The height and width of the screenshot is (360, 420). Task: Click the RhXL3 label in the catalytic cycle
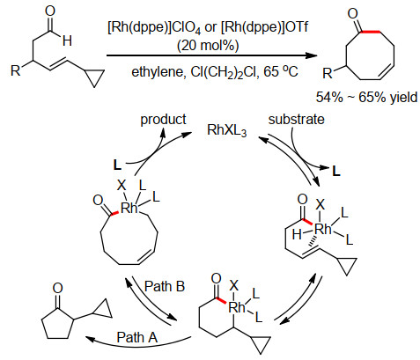click(226, 130)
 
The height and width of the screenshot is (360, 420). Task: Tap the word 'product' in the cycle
click(163, 120)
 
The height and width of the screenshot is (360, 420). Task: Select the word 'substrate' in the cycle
click(297, 120)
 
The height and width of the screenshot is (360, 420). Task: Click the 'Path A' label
click(137, 337)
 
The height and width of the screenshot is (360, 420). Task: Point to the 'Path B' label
click(165, 286)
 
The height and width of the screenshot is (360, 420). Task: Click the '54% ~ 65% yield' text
click(366, 97)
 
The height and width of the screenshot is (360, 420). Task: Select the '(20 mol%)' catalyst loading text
click(208, 45)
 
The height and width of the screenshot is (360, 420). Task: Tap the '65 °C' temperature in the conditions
click(281, 71)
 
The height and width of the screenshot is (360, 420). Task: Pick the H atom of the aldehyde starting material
click(67, 40)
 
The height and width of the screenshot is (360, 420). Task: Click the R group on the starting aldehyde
click(16, 70)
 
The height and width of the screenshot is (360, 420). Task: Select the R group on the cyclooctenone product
click(328, 73)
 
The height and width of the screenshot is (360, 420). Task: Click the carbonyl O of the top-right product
click(352, 13)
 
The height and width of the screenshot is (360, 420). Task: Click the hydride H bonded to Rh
click(297, 235)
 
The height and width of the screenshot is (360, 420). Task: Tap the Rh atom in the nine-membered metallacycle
click(129, 208)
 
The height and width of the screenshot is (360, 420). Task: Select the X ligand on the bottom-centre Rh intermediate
click(234, 285)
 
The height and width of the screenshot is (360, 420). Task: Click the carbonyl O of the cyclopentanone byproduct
click(57, 288)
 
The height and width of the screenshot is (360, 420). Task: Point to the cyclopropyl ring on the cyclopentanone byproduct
click(103, 310)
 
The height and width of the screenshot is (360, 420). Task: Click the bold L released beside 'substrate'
click(336, 171)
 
